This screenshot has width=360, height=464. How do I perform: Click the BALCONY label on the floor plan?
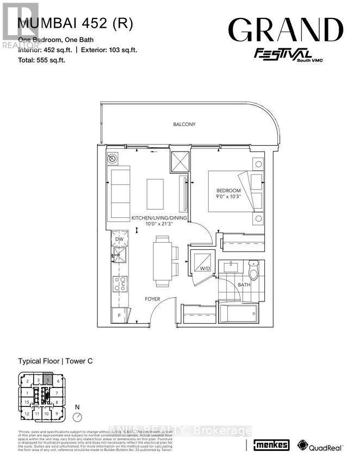184,124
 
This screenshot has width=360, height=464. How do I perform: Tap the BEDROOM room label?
228,190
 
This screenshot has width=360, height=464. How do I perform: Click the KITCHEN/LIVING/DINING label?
159,218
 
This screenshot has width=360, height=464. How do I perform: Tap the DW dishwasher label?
119,239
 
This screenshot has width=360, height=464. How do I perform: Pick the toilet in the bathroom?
252,269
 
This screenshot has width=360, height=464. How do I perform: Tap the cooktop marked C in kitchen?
120,284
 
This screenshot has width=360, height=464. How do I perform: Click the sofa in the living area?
120,193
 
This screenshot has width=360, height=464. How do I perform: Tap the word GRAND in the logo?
285,30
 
